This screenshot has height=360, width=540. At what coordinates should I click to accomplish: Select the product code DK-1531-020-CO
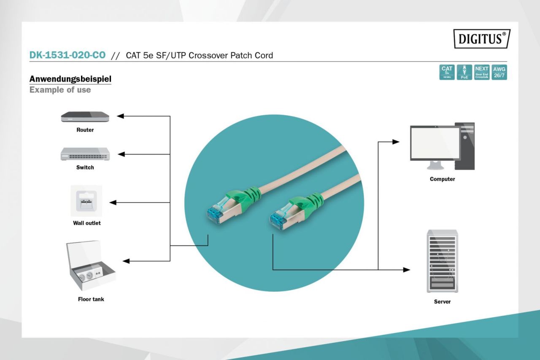(x=67, y=55)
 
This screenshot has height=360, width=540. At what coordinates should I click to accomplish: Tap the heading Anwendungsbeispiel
(x=70, y=79)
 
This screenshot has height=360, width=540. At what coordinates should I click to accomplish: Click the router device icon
(x=85, y=117)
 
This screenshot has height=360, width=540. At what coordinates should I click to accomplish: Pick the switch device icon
(x=85, y=154)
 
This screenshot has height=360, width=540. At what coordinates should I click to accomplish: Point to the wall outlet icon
(x=86, y=201)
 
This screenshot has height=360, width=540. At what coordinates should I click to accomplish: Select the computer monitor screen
(x=435, y=143)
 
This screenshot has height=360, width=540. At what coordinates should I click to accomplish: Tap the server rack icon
(x=442, y=261)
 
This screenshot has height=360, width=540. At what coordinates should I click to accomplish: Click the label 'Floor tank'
(x=91, y=299)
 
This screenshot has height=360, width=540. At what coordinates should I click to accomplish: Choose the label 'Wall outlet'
(x=86, y=223)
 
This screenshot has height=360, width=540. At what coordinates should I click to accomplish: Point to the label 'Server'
(x=442, y=302)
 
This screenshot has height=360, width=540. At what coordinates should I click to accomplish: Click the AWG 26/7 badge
(x=499, y=72)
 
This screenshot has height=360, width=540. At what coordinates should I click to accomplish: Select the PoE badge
(x=464, y=72)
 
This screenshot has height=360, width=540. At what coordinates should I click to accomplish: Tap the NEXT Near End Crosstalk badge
(x=481, y=72)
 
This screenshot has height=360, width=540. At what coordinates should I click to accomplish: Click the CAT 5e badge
(x=447, y=72)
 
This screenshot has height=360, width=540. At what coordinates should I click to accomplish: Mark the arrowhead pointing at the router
(x=120, y=116)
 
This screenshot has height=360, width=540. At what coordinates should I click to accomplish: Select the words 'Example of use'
(x=60, y=90)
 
